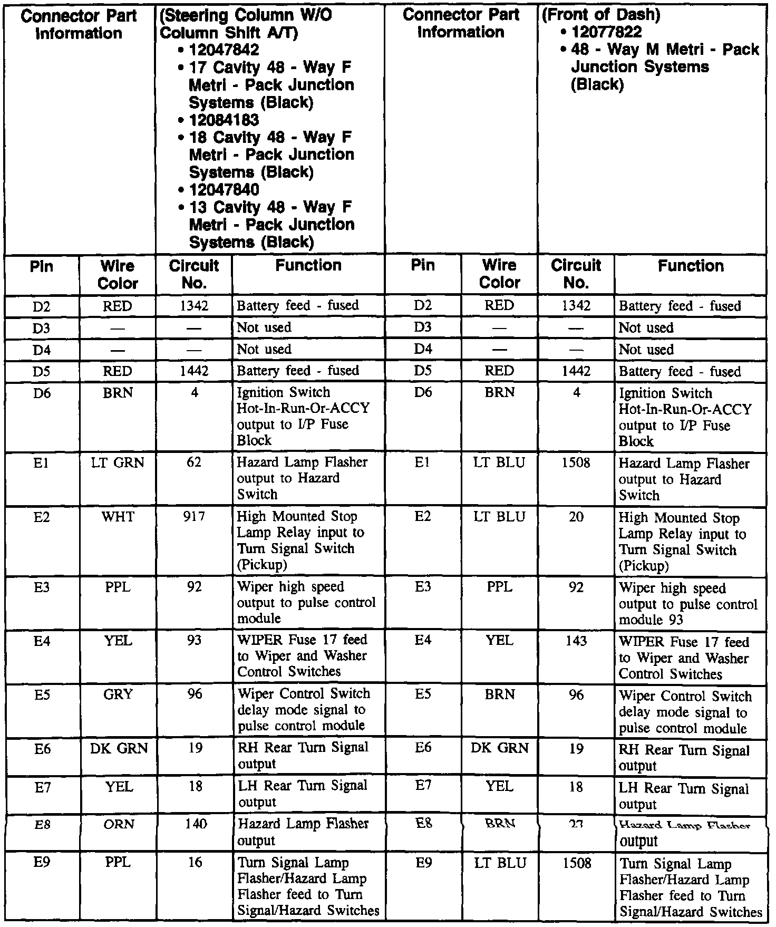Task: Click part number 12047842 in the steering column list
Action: (x=218, y=50)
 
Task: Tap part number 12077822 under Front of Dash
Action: (x=607, y=32)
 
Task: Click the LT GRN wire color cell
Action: (x=118, y=462)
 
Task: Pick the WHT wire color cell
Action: (x=118, y=517)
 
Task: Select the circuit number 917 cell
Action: (x=194, y=517)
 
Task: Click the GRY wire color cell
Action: (x=118, y=694)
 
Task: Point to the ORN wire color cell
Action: (x=119, y=824)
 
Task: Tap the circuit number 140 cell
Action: (x=194, y=824)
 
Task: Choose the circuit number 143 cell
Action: (x=576, y=641)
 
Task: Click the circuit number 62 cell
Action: (x=194, y=462)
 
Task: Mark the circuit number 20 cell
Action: (x=576, y=517)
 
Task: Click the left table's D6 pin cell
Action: (x=42, y=393)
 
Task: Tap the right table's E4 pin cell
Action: (x=423, y=641)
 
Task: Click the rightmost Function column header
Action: (x=691, y=266)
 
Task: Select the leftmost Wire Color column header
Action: (x=118, y=274)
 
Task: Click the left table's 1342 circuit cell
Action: (x=194, y=306)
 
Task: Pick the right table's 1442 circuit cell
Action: (x=576, y=371)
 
